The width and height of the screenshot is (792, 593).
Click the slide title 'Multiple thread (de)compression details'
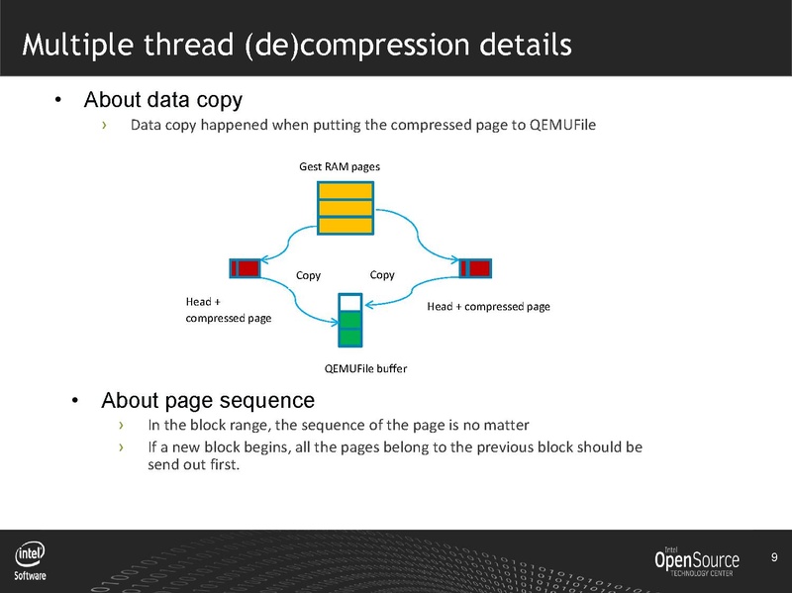(x=296, y=45)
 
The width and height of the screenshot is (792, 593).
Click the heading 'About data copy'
(x=163, y=100)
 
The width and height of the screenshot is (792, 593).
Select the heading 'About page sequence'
(x=207, y=401)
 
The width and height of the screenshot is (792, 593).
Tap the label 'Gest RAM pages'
(x=340, y=166)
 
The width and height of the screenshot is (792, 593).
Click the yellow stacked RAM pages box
(x=346, y=208)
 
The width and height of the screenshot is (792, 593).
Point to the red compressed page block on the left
(x=245, y=267)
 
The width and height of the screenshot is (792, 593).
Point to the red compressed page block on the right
(x=476, y=267)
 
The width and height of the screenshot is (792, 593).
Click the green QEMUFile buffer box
(x=349, y=320)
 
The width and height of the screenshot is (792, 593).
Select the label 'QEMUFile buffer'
(x=365, y=368)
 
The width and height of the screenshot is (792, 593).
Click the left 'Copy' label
(x=310, y=276)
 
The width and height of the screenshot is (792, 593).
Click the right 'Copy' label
(x=382, y=275)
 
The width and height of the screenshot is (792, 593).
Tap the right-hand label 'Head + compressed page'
(x=488, y=307)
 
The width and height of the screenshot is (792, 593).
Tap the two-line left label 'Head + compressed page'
(x=228, y=310)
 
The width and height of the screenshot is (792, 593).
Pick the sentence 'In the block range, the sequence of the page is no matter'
(x=338, y=425)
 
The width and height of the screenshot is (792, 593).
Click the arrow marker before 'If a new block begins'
(x=121, y=447)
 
